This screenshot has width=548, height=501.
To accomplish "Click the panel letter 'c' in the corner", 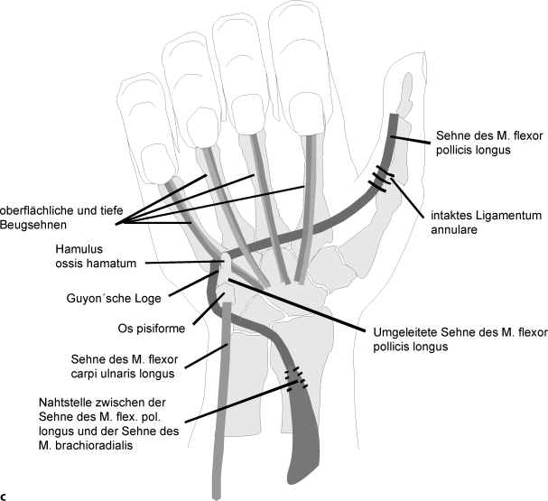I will click(5, 495).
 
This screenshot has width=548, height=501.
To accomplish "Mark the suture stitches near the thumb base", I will click(384, 178).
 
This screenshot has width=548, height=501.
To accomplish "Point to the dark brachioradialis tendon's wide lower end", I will click(302, 460).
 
